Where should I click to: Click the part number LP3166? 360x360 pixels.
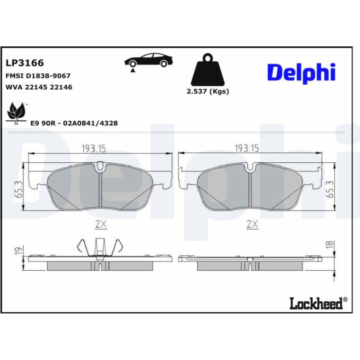tap(25, 63)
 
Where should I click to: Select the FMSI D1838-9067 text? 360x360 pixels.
tap(38, 76)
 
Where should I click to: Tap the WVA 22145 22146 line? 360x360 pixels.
tap(39, 87)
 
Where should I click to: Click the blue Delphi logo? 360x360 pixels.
tap(301, 73)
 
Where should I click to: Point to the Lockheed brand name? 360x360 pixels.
tap(318, 303)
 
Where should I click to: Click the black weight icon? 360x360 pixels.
tap(208, 70)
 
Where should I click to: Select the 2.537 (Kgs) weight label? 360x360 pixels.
tap(208, 92)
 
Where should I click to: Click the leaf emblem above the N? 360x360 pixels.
tap(15, 111)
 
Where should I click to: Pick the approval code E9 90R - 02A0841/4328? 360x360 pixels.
tap(74, 123)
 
